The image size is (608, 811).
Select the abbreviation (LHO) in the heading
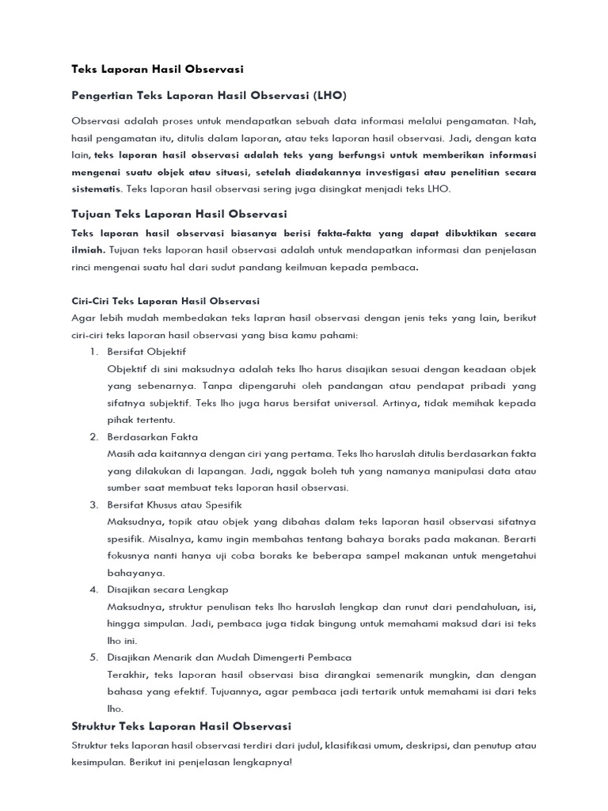tap(329, 95)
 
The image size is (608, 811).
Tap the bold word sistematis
tap(96, 189)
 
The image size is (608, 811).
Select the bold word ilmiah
tap(88, 249)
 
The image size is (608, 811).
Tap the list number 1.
tap(92, 351)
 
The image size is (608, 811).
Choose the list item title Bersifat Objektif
tap(146, 351)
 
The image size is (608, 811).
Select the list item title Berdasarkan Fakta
tap(152, 436)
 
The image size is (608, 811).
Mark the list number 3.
tap(92, 504)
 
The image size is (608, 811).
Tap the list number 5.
tap(92, 657)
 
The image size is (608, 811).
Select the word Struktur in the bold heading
tap(95, 725)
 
